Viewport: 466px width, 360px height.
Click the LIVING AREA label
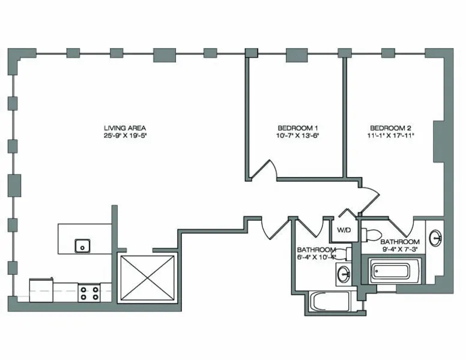(x=125, y=128)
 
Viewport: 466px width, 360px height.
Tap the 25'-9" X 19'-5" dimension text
(x=125, y=136)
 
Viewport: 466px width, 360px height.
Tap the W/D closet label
(x=343, y=230)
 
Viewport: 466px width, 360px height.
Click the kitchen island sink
(x=82, y=245)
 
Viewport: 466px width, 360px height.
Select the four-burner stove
(x=89, y=293)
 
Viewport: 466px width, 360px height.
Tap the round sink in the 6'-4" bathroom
(x=343, y=275)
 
